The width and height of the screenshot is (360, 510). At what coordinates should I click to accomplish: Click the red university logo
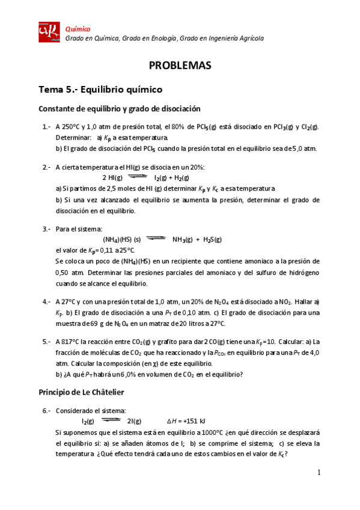(x=49, y=32)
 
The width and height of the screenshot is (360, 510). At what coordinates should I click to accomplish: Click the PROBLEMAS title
(x=180, y=66)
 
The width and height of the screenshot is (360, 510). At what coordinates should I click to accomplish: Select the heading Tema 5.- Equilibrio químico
(x=100, y=89)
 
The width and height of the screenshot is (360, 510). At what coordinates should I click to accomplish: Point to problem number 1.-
(x=46, y=127)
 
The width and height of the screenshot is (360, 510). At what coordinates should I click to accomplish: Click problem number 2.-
(x=46, y=167)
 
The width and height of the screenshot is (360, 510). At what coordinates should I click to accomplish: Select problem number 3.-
(x=46, y=229)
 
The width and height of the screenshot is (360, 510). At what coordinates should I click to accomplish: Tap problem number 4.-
(x=46, y=301)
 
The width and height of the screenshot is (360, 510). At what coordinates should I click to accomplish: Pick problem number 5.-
(x=46, y=341)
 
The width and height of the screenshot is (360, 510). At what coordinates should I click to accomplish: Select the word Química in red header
(x=78, y=28)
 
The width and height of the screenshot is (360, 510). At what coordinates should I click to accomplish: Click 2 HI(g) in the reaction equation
(x=112, y=178)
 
